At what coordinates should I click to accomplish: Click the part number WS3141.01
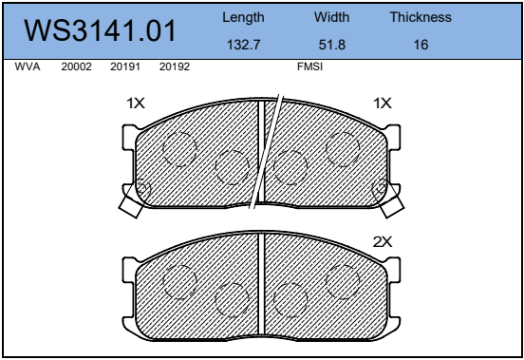pos(100,30)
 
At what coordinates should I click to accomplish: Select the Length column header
pos(243,17)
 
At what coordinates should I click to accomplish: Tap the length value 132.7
pos(243,45)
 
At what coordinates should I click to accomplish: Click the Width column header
pos(332,17)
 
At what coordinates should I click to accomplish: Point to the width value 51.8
pos(332,45)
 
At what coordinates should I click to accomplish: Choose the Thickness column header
pos(421,17)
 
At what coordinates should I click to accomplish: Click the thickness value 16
pos(421,45)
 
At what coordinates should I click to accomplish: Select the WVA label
pos(28,66)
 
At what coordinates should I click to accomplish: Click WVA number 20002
pos(76,66)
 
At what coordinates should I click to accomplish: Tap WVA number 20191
pos(125,66)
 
